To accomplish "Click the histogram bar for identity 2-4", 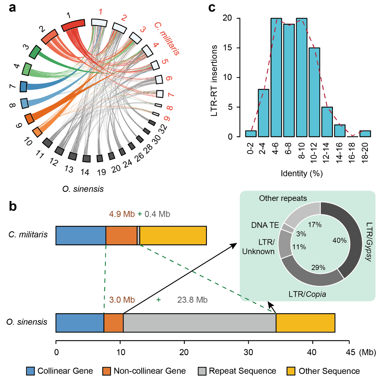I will point(264,113).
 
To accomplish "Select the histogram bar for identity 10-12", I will point(314,92).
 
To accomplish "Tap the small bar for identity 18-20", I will point(365,134).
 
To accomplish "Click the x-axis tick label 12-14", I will point(327,148).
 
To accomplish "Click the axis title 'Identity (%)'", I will point(302,174).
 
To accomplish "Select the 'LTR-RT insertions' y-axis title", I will point(214,81).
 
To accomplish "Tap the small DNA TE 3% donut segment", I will point(288,228).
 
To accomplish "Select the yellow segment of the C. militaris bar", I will point(173,235).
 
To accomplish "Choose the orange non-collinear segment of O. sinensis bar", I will point(113,323).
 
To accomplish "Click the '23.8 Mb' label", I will point(192,300).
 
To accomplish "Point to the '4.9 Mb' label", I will point(122,214).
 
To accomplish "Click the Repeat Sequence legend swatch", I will point(202,371).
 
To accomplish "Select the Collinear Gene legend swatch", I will point(30,371).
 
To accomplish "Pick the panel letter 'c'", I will point(212,7).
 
